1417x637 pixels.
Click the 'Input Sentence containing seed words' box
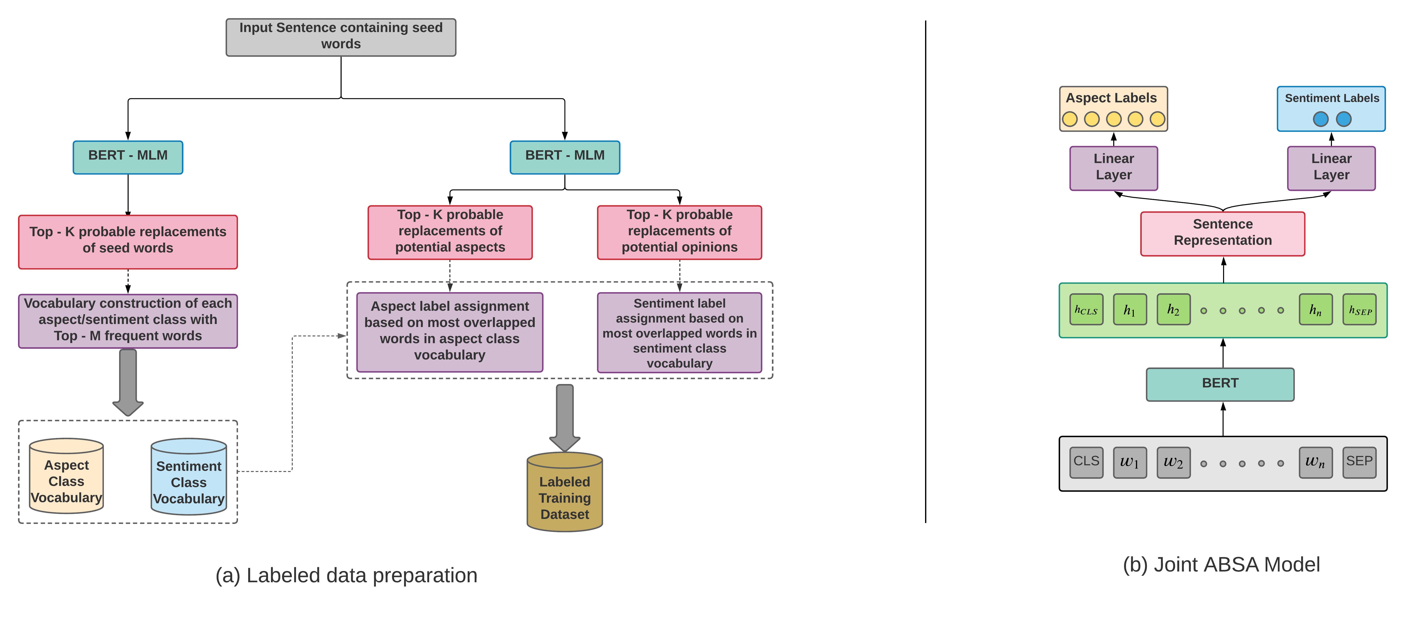tap(341, 37)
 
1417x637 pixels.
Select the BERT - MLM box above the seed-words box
tap(128, 157)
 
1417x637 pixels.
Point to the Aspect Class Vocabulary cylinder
tap(66, 477)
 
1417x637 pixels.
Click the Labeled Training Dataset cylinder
tap(564, 493)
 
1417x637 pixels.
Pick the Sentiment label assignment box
tap(679, 332)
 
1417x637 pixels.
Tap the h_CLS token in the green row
tap(1086, 309)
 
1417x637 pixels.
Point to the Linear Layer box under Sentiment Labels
tap(1331, 168)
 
